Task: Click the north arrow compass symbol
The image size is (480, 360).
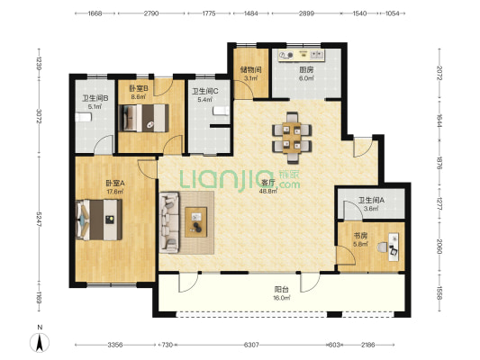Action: pos(40,343)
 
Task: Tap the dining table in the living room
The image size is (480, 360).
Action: pos(292,138)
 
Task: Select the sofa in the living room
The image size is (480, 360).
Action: pos(169,222)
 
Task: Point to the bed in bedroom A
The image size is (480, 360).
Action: pos(99,220)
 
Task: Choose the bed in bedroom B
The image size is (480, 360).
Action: pos(143,118)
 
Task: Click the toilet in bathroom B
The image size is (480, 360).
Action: pos(83,117)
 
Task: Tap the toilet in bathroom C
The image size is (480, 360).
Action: pos(222,111)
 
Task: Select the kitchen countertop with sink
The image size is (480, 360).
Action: pos(301,56)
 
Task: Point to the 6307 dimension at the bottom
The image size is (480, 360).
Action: pos(251,345)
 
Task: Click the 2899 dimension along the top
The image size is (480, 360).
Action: pos(306,13)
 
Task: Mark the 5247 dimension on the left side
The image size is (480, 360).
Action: pos(39,220)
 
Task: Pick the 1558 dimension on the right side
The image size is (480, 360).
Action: pos(439,293)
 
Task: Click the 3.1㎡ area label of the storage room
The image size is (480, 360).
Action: pos(250,78)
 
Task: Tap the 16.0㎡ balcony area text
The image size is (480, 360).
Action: pos(282,298)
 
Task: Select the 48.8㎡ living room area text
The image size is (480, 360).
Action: pos(268,191)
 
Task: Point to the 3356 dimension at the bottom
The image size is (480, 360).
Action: pos(115,345)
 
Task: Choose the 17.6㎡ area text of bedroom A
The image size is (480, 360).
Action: pos(114,192)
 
